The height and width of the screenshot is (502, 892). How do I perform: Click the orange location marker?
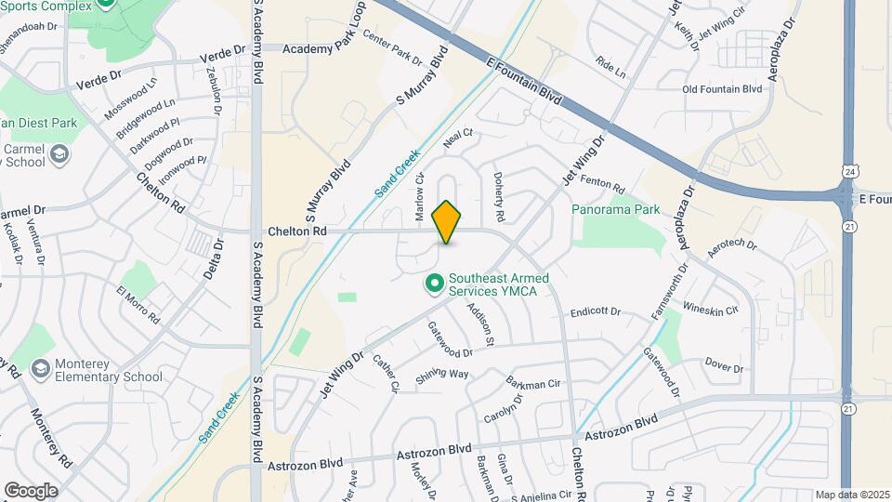coord(447,221)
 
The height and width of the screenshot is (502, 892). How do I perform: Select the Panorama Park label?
coord(615,209)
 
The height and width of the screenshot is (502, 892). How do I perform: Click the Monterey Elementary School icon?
coord(40,369)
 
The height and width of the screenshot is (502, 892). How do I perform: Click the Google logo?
coord(30,490)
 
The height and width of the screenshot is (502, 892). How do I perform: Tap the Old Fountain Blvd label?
coord(722,89)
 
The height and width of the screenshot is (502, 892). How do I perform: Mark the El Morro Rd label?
coord(138,304)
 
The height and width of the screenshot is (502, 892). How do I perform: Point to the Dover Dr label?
coord(725,365)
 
